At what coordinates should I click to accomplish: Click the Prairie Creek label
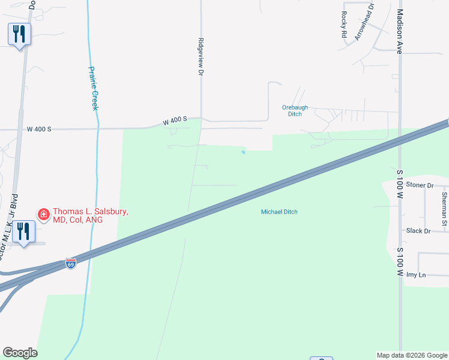click(x=93, y=88)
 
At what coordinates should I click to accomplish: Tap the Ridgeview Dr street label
click(x=201, y=57)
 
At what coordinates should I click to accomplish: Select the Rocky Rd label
click(x=344, y=25)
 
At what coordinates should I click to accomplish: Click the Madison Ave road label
click(x=399, y=31)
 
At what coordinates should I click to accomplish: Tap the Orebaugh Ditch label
click(x=295, y=110)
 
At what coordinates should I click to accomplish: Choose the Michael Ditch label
click(x=279, y=212)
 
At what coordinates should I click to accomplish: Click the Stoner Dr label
click(x=420, y=185)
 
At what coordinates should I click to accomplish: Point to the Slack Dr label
click(x=418, y=231)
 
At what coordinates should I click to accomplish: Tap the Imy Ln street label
click(x=415, y=275)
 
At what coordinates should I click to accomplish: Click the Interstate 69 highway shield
click(x=71, y=263)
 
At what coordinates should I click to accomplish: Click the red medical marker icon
click(x=43, y=214)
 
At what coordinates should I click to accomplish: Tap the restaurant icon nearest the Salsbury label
click(x=23, y=231)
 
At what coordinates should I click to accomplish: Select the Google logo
click(x=20, y=353)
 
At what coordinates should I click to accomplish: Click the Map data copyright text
click(x=412, y=355)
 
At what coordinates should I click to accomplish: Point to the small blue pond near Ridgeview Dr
click(x=243, y=152)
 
